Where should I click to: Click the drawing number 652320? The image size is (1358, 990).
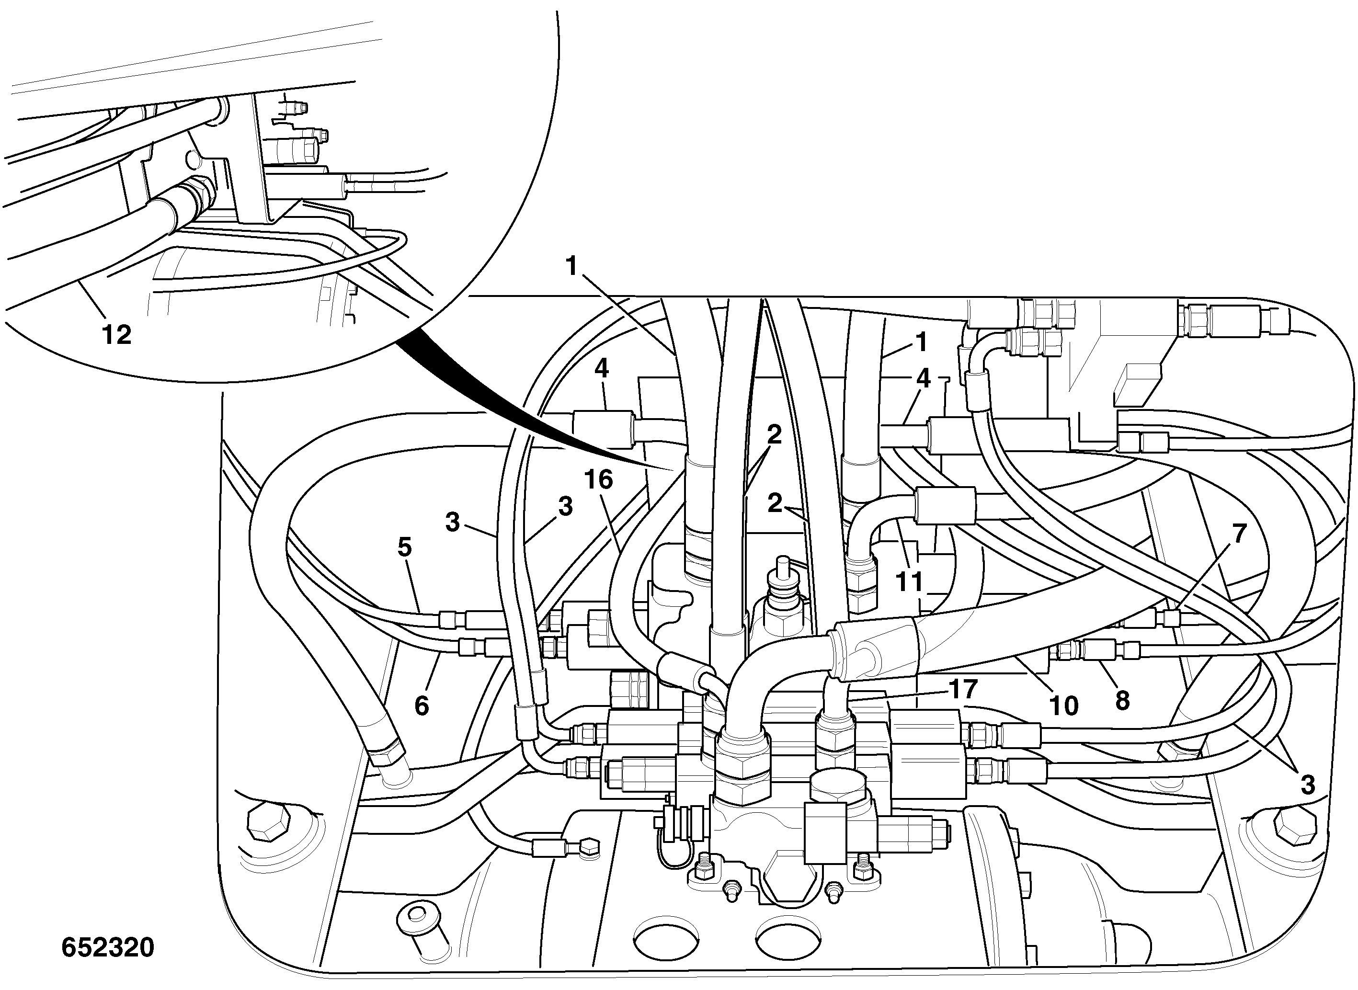pos(108,947)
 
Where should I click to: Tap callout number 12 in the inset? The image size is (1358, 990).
pos(117,334)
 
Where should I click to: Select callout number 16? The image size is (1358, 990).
pos(599,479)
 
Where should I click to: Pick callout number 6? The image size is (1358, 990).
pos(422,706)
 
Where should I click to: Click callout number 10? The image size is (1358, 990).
pos(1064,706)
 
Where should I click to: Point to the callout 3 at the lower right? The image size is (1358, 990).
pos(1308,785)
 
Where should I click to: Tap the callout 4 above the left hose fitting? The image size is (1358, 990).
pos(602,368)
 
